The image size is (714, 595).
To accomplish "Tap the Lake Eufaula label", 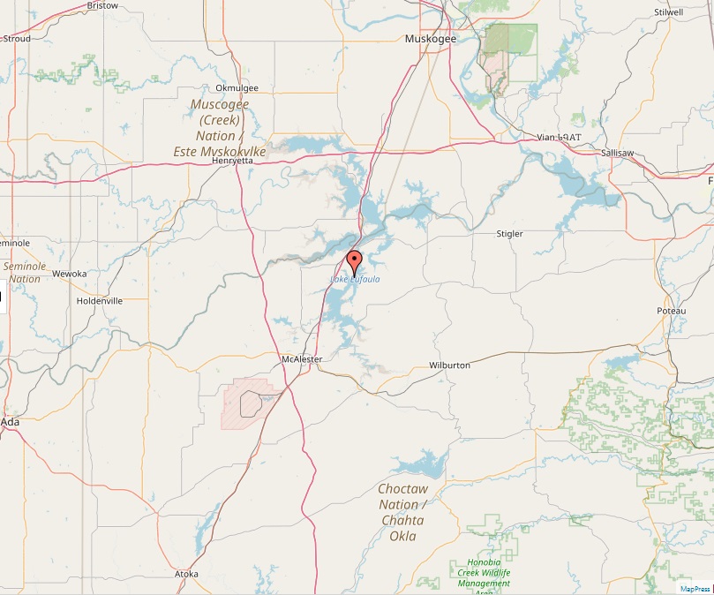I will [355, 280].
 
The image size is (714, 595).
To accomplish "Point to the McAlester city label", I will [301, 358].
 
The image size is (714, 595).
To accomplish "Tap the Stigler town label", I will [509, 234].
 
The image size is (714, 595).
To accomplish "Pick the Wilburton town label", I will [449, 365].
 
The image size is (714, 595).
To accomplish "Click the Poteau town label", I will [671, 312].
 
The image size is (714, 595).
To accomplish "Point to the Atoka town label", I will [186, 574].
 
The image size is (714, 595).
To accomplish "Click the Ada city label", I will [11, 422].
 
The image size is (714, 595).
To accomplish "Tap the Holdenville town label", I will [100, 300].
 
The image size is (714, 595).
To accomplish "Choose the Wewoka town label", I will [70, 274].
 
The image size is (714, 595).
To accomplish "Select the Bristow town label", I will [103, 5].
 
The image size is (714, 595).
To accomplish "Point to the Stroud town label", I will [17, 39].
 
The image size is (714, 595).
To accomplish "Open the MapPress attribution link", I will [695, 588].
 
